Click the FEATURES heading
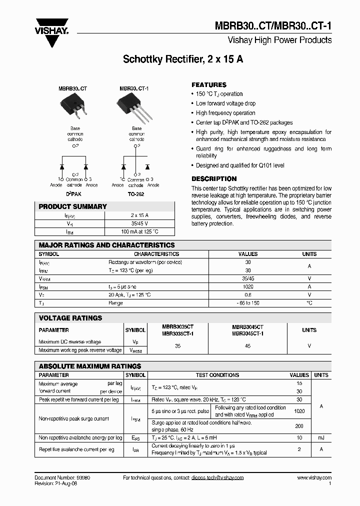pos(209,85)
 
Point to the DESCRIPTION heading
pos(214,179)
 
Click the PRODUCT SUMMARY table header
pos(73,206)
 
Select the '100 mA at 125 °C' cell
pos(139,232)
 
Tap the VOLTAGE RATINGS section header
pos(70,318)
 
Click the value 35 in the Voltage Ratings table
pos(177,345)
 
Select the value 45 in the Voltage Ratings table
pos(247,345)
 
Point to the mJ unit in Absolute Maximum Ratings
pos(321,437)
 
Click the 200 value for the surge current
pos(299,425)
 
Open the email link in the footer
pos(217,478)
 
